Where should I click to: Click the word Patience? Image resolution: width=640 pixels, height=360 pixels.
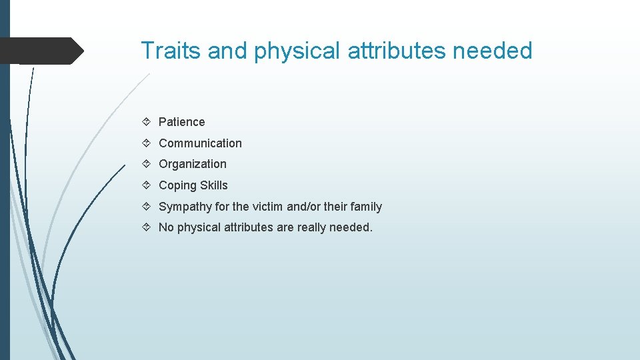click(181, 122)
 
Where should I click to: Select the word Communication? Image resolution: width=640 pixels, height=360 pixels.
click(200, 143)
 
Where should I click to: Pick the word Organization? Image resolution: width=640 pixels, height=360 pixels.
click(193, 164)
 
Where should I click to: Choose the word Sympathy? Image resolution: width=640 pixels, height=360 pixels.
click(185, 207)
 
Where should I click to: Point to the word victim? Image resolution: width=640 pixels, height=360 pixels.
click(267, 207)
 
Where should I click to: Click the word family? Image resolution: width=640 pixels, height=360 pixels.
click(366, 207)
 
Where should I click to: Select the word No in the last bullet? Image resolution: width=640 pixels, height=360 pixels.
click(166, 227)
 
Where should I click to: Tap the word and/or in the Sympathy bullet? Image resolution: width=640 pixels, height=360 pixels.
click(304, 207)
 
